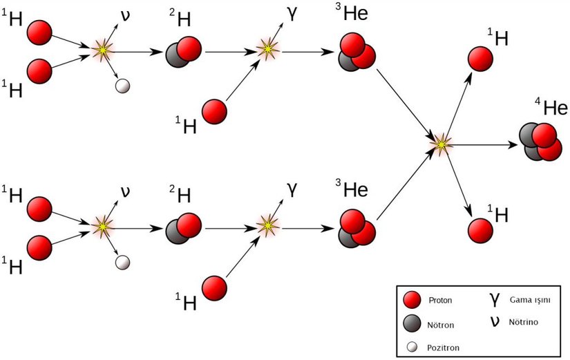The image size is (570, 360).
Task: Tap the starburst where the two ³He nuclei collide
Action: click(x=441, y=144)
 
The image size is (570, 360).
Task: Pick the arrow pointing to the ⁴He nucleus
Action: click(x=484, y=144)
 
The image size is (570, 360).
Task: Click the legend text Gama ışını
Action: click(x=531, y=299)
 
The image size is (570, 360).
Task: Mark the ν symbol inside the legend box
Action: click(x=495, y=321)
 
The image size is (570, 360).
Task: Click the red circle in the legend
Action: click(x=412, y=301)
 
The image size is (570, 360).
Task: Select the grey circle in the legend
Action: click(x=412, y=323)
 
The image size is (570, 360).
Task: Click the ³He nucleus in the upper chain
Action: click(x=357, y=53)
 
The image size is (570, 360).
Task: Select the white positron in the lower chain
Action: click(x=123, y=263)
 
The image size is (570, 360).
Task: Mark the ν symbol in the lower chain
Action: click(x=125, y=189)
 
